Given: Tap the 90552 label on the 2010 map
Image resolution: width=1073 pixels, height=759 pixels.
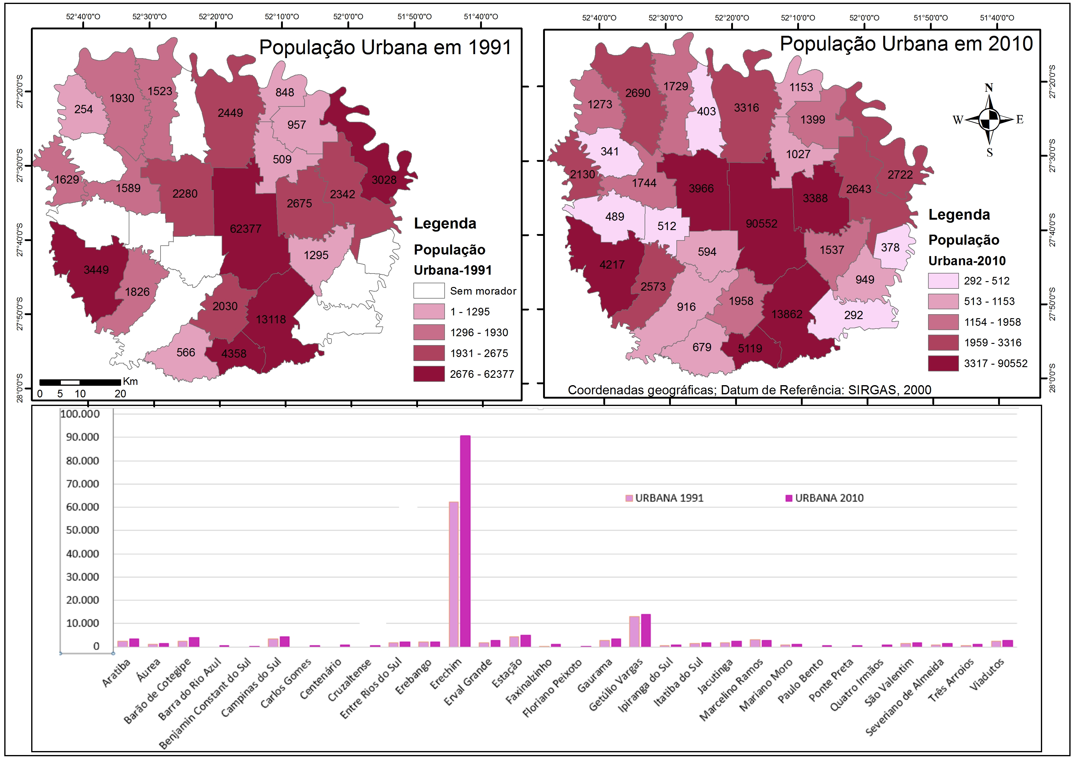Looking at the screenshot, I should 761,224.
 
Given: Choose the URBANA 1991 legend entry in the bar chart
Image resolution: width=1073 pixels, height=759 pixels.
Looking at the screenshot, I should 664,498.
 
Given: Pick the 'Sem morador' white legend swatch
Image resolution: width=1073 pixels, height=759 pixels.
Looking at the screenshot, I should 428,291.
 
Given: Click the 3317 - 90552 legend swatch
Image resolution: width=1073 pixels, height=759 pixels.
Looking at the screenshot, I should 943,363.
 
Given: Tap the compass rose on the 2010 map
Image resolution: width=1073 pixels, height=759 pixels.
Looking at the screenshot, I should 989,119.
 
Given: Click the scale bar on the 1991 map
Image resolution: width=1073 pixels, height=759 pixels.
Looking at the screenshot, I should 80,382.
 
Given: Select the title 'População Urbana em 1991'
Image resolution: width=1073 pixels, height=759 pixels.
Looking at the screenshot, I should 385,47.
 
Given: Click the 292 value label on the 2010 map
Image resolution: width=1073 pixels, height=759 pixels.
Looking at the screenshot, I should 853,315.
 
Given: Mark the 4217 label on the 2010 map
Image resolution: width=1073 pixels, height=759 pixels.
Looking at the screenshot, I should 612,265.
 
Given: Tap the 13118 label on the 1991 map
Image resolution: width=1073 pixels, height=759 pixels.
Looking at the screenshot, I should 271,319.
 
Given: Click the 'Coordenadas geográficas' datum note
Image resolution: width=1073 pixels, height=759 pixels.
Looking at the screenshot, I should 749,389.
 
